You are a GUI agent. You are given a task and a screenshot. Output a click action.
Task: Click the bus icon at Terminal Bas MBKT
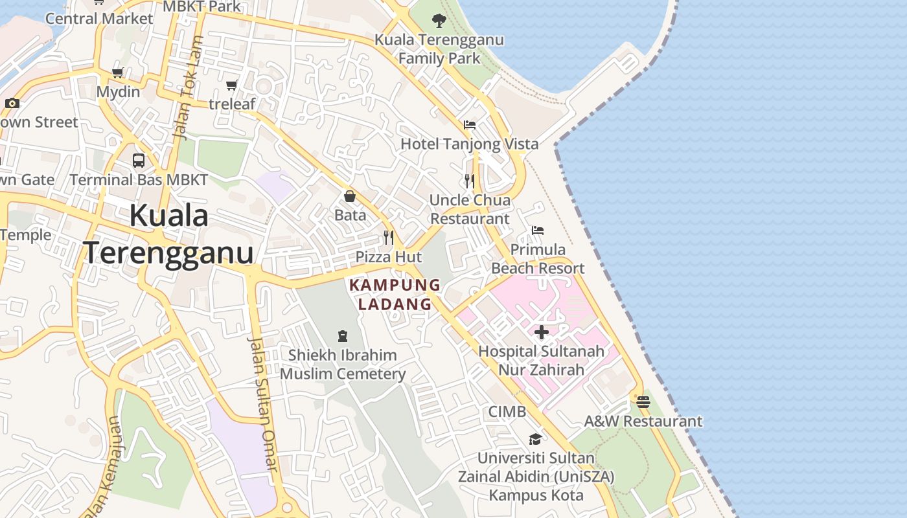[x=139, y=160]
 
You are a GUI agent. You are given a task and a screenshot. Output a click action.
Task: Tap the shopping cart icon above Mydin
[x=117, y=73]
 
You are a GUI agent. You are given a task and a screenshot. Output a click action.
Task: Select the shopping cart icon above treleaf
[x=231, y=85]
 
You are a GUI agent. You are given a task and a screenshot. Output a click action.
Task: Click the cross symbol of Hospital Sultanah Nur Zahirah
[x=542, y=332]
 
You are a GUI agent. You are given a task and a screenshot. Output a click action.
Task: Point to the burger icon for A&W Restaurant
[x=643, y=402]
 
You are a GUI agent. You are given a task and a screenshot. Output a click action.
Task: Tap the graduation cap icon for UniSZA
[x=535, y=439]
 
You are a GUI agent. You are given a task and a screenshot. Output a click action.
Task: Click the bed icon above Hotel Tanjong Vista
[x=470, y=124]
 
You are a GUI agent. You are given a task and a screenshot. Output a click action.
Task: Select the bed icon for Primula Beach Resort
[x=538, y=230]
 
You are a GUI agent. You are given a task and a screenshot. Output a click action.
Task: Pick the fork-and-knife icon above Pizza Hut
[x=389, y=237]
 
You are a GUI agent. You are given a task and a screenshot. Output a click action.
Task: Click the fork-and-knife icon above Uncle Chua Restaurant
[x=470, y=181]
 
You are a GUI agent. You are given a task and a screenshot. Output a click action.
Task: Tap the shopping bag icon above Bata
[x=350, y=196]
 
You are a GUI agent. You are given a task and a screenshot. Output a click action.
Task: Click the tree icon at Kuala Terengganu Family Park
[x=439, y=20]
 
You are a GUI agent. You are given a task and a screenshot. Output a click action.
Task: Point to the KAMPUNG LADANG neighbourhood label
[x=395, y=295]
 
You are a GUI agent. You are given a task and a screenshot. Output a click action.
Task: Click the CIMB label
[x=507, y=412]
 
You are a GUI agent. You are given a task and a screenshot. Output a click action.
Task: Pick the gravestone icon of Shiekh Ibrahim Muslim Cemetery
[x=343, y=335]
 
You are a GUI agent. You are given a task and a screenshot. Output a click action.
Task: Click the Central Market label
[x=99, y=18]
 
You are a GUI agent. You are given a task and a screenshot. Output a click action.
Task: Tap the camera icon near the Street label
[x=12, y=103]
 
